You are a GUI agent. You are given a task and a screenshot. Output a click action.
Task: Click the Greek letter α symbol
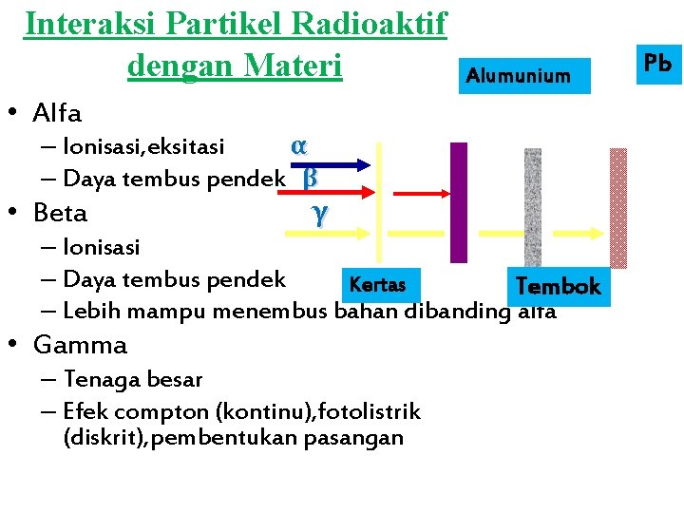point(299,146)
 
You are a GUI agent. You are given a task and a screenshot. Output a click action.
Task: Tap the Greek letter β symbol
point(309,178)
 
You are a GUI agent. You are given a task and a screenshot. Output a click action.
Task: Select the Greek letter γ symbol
point(319,215)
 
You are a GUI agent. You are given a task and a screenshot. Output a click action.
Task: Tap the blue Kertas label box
point(377,285)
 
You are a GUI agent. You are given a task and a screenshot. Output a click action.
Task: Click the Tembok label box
point(558,286)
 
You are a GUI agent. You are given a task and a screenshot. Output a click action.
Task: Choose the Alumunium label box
point(518,76)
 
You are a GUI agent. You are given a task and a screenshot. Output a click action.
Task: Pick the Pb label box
point(657,64)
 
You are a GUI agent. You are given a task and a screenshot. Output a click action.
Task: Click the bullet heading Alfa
point(57,114)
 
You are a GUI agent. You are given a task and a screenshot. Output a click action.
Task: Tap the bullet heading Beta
point(59,213)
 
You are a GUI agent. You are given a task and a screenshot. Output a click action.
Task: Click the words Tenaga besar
point(132,379)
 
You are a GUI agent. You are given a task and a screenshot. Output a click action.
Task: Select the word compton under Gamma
point(159,412)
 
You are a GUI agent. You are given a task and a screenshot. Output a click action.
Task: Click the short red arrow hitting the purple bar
point(418,193)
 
